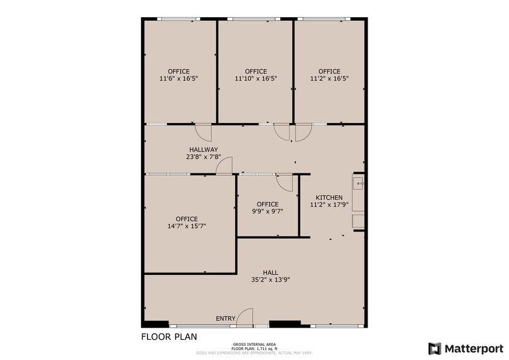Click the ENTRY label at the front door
(225, 318)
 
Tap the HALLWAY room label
(203, 149)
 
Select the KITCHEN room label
(329, 197)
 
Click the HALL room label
(270, 272)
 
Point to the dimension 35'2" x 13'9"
(270, 280)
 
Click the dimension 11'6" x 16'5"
(179, 78)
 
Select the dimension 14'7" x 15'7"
(186, 226)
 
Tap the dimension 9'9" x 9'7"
(268, 212)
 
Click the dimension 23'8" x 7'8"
(203, 157)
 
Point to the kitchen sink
(359, 182)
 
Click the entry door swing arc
(244, 316)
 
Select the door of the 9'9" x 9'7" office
(284, 182)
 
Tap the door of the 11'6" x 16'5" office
(203, 132)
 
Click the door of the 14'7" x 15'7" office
(225, 166)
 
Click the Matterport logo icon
(434, 348)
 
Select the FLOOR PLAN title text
(169, 337)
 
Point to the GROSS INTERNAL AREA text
(254, 344)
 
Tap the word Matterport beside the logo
(473, 348)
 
